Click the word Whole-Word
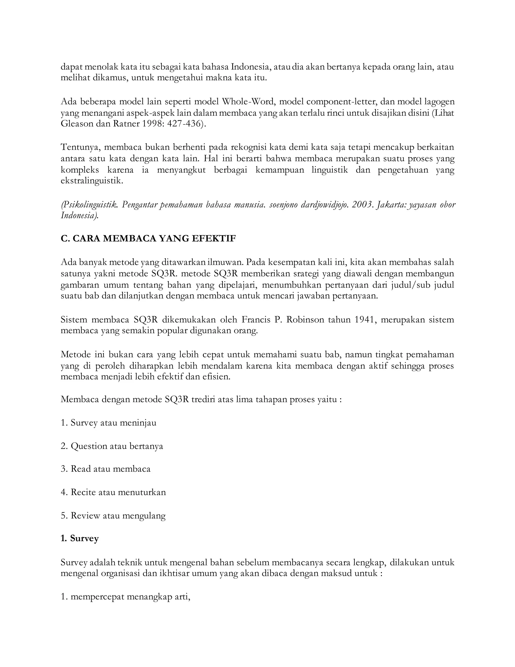[248, 101]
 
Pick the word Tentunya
[80, 147]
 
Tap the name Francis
[256, 320]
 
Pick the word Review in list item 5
[85, 515]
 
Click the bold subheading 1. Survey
[80, 538]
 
